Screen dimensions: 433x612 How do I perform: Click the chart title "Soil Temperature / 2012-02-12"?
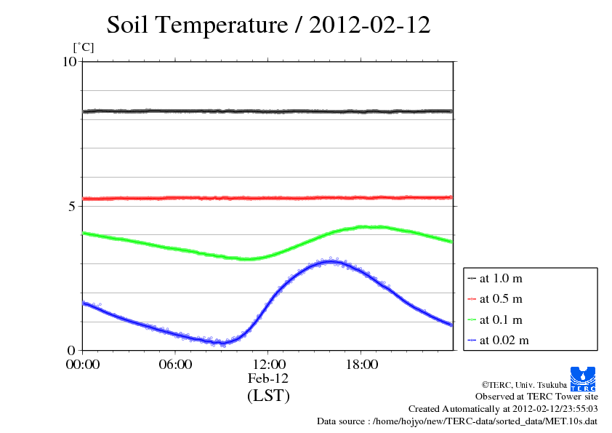[x=268, y=25]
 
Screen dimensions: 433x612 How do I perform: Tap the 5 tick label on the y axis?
[x=72, y=206]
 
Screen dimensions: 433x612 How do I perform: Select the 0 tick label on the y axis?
[x=72, y=350]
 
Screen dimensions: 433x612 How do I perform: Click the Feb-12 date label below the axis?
[x=268, y=378]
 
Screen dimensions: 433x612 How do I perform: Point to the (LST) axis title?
[x=268, y=396]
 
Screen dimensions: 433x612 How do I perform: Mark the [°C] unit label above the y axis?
[x=84, y=48]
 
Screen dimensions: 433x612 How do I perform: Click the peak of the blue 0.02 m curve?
[x=331, y=261]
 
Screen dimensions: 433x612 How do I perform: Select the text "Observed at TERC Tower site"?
[x=536, y=397]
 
